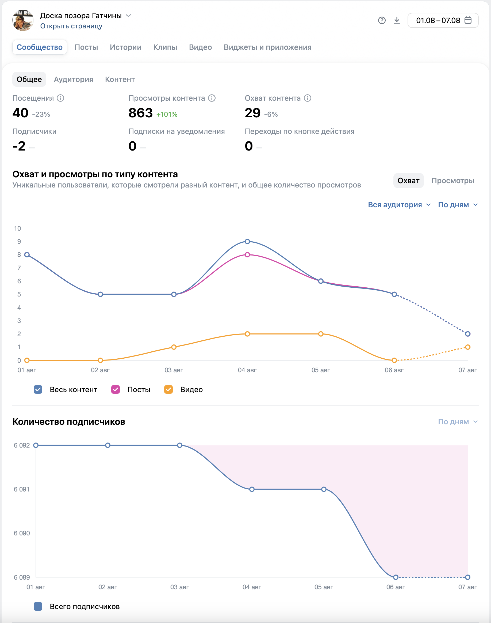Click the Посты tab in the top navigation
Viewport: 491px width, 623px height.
pyautogui.click(x=86, y=47)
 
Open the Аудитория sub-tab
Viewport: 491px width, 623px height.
pyautogui.click(x=73, y=80)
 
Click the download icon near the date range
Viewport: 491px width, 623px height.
pyautogui.click(x=397, y=20)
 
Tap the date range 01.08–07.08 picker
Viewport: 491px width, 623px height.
pyautogui.click(x=443, y=20)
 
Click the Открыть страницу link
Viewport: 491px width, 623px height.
pyautogui.click(x=71, y=26)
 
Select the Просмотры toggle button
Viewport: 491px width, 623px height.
pyautogui.click(x=452, y=181)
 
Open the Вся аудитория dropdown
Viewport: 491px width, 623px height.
pyautogui.click(x=399, y=205)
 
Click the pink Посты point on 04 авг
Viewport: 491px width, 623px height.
pyautogui.click(x=247, y=254)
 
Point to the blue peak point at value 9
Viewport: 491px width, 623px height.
pyautogui.click(x=247, y=241)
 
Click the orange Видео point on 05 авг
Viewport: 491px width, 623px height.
pyautogui.click(x=321, y=334)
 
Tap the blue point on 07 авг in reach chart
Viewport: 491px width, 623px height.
pyautogui.click(x=468, y=334)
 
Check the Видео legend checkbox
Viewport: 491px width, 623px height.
pyautogui.click(x=168, y=389)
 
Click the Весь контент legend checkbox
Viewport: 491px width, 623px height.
pyautogui.click(x=38, y=389)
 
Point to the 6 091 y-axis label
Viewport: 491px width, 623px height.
pyautogui.click(x=22, y=489)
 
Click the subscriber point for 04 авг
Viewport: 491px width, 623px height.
pyautogui.click(x=252, y=489)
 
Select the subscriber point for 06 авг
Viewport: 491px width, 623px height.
pyautogui.click(x=396, y=577)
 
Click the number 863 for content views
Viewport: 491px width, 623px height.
pyautogui.click(x=140, y=113)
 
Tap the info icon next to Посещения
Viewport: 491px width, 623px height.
pyautogui.click(x=60, y=98)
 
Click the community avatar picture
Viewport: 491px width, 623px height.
pyautogui.click(x=23, y=20)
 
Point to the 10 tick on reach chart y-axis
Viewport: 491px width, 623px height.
pyautogui.click(x=18, y=228)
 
